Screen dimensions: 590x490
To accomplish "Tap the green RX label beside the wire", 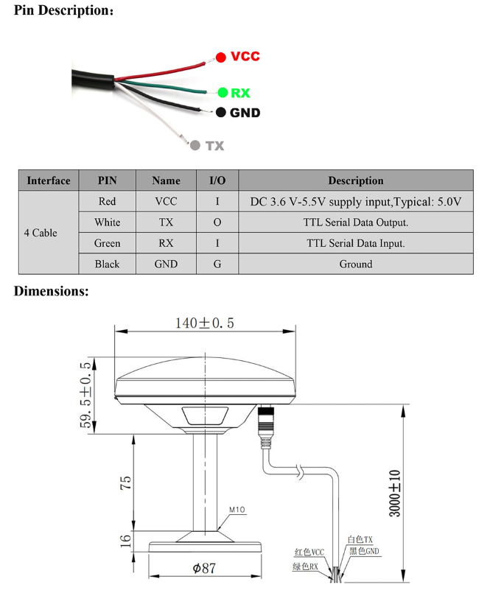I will (240, 93).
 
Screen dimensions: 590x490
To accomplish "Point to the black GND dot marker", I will (220, 113).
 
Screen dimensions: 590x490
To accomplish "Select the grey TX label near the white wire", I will (214, 146).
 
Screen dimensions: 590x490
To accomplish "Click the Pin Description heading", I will (63, 11).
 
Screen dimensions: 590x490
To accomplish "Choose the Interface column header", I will (48, 180).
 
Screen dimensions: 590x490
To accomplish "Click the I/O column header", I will (217, 180).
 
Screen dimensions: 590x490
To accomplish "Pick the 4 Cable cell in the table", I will (41, 233).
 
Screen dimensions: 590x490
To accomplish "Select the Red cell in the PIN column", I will (107, 201).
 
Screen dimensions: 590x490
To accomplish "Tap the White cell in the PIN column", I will (107, 222).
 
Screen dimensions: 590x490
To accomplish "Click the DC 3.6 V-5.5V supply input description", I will (355, 201).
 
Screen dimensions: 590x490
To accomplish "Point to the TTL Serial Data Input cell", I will (355, 243).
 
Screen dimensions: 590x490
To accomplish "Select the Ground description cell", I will (355, 264).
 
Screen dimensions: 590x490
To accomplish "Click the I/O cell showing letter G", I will (217, 264).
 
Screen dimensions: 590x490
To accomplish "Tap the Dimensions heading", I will (52, 291).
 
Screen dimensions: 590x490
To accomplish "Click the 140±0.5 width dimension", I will (204, 323).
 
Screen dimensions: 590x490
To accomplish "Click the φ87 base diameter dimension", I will (206, 569).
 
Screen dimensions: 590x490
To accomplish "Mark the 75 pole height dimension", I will (126, 482).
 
